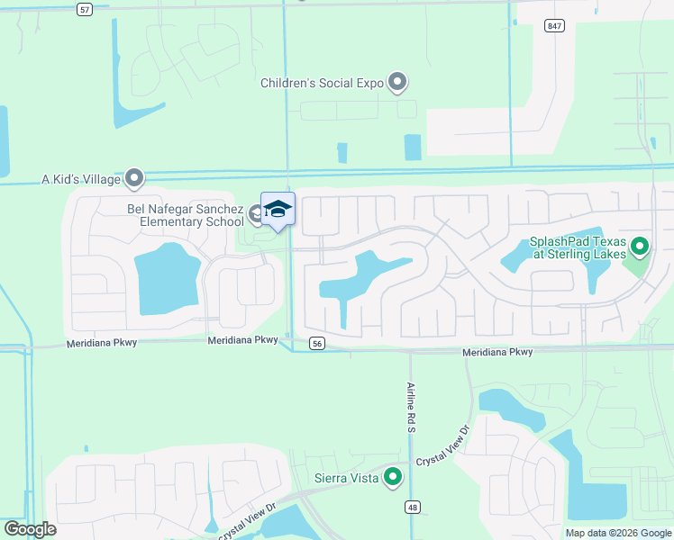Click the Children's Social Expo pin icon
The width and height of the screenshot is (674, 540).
397,83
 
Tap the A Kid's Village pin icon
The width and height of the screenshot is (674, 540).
135,179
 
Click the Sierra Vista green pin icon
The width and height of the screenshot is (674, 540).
393,477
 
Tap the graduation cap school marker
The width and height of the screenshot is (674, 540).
278,209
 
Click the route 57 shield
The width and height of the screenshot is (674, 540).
85,9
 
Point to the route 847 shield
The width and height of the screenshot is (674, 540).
554,26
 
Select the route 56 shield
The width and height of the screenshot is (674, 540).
315,343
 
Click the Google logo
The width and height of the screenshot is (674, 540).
30,529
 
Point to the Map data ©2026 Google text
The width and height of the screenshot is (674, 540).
618,533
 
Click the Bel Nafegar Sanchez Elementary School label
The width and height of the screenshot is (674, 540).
185,215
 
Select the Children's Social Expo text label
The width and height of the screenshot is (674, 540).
322,83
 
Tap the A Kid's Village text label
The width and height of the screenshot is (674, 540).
81,179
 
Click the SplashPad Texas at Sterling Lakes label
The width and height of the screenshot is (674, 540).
578,247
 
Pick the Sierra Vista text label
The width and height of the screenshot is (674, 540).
346,478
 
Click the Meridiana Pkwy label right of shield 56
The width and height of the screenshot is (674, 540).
497,352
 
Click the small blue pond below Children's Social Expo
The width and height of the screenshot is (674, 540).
413,147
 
